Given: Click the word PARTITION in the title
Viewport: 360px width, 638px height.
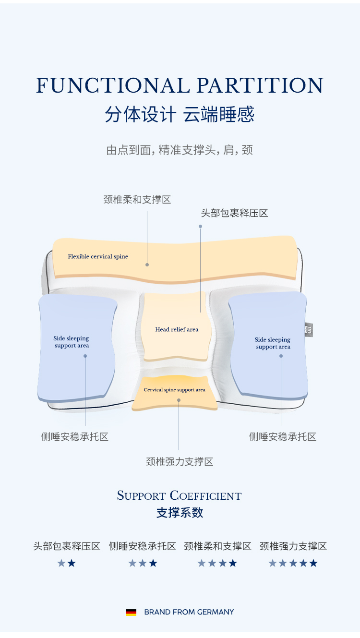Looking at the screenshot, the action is coord(260,85).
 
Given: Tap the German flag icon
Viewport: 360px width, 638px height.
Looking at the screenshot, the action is coord(131,612).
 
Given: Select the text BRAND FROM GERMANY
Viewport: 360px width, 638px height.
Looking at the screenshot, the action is coord(189,612).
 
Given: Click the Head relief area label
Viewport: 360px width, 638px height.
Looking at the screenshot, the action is coord(177,329).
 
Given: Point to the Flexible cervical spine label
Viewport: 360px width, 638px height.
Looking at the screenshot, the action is coord(98,256).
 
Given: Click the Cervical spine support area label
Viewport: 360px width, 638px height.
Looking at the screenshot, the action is coord(174,390).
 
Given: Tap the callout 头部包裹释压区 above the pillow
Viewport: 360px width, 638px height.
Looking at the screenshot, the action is coord(234,213).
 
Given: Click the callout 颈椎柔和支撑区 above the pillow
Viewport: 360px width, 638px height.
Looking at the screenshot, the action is coord(137,200).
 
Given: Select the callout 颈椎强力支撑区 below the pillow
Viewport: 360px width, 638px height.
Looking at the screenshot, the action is coord(180,462).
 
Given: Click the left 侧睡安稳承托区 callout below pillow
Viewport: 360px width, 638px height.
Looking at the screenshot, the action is coord(75,437).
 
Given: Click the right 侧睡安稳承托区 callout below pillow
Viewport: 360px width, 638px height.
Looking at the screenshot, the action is coord(283,437).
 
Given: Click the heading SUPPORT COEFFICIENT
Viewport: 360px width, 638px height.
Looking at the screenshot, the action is coord(180,495).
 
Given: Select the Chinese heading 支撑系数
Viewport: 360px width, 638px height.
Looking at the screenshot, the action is coord(180,513).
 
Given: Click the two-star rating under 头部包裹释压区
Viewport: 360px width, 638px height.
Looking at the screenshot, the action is coord(67,563).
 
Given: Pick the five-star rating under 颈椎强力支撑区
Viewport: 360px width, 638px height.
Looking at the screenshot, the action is coord(293,563).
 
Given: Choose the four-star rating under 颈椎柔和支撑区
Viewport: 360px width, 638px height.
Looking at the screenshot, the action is coord(217,563).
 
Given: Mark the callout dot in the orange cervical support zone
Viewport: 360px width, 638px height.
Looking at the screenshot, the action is coord(179,399).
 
